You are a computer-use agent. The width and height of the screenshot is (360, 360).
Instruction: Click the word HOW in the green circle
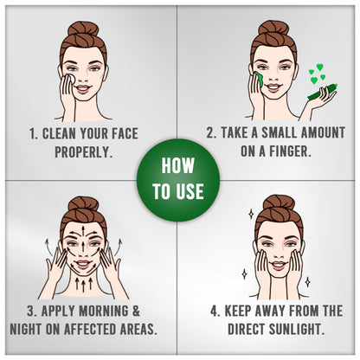[x=177, y=166]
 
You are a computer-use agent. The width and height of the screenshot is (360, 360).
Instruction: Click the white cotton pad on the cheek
[x=70, y=79]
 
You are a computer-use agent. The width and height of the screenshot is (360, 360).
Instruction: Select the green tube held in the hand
[x=322, y=92]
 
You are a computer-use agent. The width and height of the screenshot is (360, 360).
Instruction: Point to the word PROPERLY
[x=83, y=152]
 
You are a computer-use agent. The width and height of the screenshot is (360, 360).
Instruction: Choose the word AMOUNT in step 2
[x=323, y=132]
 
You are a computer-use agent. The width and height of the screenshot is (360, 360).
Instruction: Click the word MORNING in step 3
[x=104, y=312]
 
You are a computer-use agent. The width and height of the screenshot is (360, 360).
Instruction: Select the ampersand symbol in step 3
[x=136, y=312]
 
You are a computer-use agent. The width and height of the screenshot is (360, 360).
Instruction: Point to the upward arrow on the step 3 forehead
[x=83, y=231]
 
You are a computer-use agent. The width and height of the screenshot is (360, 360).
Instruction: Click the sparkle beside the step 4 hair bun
[x=251, y=214]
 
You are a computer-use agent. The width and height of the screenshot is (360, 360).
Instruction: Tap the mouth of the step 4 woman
[x=279, y=265]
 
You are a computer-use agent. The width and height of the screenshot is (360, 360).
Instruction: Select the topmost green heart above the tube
[x=319, y=67]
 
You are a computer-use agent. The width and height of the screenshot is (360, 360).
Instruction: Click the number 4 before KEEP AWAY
[x=214, y=312]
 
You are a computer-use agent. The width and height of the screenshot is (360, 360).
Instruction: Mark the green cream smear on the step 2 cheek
[x=259, y=78]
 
